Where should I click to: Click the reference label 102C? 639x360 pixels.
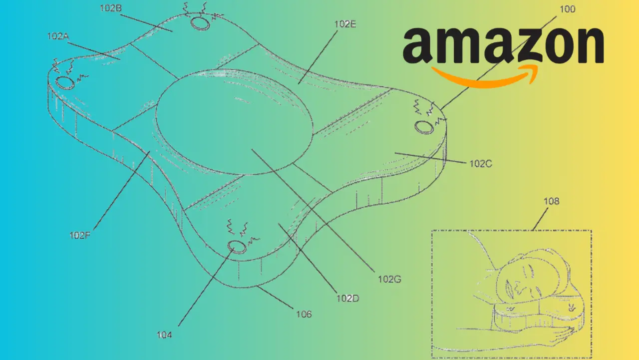click(x=480, y=163)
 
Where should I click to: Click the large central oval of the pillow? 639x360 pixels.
click(x=235, y=122)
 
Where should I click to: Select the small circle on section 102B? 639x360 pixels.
click(x=201, y=23)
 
